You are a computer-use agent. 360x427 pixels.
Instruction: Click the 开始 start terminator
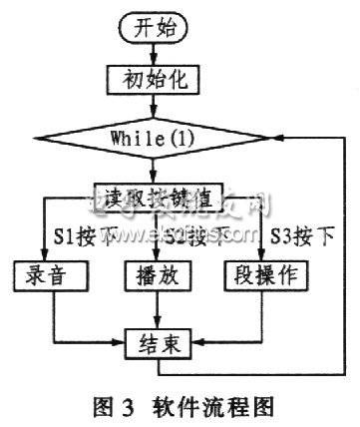[151, 29]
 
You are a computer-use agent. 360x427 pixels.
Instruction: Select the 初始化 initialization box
[151, 78]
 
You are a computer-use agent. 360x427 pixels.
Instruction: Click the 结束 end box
[152, 344]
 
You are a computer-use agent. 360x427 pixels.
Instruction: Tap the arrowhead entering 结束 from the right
[187, 344]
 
